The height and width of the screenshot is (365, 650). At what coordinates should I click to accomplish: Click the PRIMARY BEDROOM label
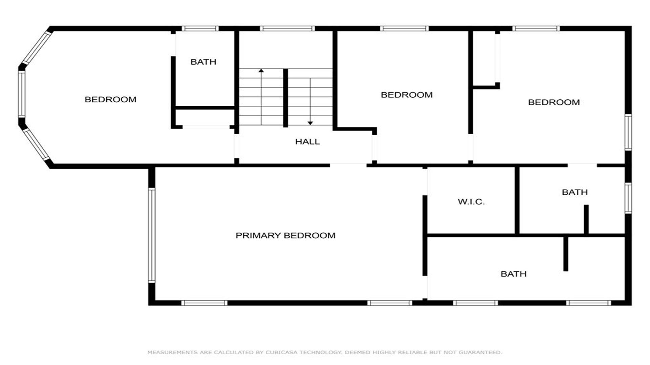[285, 236]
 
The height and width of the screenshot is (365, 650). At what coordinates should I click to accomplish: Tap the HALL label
[307, 142]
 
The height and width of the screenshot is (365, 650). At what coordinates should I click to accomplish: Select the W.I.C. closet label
[471, 202]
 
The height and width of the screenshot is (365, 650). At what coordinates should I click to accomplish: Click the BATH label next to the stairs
[203, 62]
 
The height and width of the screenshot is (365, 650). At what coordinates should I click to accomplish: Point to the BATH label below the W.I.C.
[514, 274]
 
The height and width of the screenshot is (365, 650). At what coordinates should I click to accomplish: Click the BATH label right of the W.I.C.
[575, 192]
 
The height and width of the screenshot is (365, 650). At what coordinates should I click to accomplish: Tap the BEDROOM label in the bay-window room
[110, 99]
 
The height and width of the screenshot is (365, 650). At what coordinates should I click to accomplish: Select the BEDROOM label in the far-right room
[554, 102]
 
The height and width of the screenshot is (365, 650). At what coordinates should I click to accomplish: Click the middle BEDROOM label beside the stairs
[407, 95]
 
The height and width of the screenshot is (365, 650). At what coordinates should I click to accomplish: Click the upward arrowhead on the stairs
[261, 70]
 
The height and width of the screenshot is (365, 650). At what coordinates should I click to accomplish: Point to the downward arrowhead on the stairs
[310, 123]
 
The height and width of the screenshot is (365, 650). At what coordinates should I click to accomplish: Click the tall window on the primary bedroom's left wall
[152, 235]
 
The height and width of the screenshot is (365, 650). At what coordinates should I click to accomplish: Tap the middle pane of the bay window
[22, 94]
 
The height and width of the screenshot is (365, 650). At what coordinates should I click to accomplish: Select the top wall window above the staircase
[287, 28]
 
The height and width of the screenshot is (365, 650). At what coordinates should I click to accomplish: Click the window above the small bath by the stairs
[200, 28]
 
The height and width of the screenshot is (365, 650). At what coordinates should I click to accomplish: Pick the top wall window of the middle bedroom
[404, 28]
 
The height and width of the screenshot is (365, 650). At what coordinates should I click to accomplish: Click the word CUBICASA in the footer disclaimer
[281, 352]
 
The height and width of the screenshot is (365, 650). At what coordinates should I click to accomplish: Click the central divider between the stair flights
[285, 98]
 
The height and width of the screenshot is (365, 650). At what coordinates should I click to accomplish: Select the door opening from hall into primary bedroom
[348, 165]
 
